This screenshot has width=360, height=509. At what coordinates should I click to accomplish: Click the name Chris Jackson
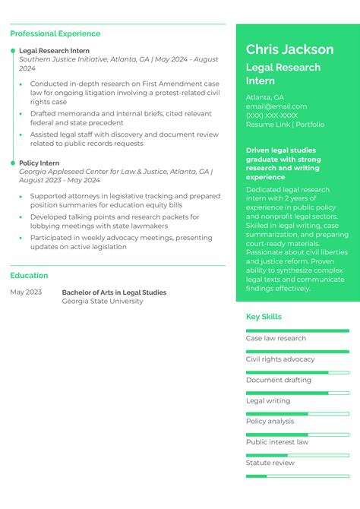289,49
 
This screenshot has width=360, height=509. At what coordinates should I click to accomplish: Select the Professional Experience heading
55,33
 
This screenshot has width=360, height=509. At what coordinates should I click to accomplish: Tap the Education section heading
29,275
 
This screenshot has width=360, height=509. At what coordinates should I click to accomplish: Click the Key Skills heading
264,317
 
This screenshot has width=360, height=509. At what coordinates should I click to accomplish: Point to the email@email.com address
276,106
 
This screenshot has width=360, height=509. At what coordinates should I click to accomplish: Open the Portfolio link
310,125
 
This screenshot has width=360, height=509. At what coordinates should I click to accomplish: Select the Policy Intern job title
39,163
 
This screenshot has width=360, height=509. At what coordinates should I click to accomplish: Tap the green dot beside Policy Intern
12,163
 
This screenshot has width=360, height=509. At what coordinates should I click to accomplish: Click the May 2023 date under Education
26,292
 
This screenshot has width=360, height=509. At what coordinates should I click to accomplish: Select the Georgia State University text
102,302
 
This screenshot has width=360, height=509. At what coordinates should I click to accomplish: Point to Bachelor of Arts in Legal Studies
114,292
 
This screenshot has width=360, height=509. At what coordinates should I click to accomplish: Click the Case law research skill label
276,338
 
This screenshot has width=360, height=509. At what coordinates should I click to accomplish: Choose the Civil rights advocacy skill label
279,359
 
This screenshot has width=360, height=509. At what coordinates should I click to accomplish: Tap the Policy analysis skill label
270,421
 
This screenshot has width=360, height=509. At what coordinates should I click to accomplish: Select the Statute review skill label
270,463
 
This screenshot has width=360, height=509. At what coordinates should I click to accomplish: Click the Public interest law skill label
276,442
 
